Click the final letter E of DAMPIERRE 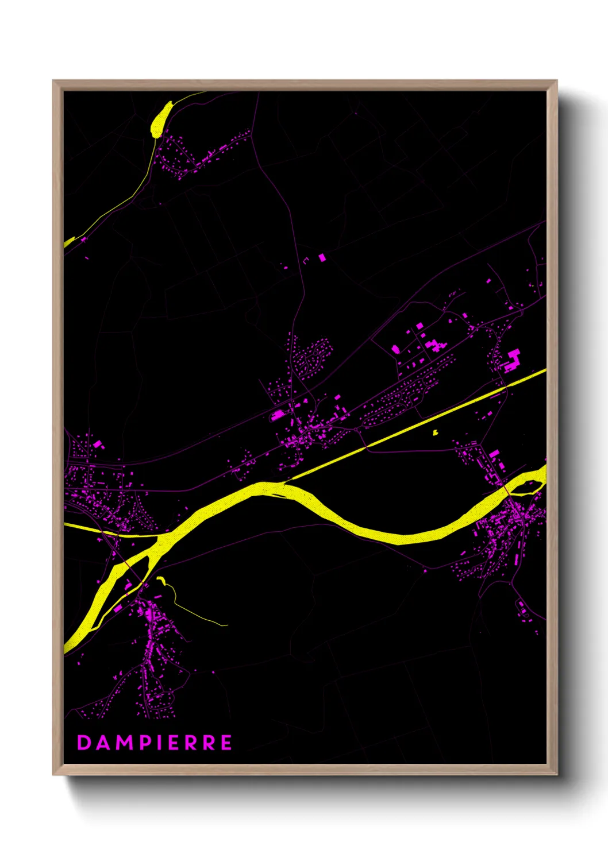pyautogui.click(x=226, y=743)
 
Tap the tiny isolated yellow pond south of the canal pyautogui.click(x=435, y=432)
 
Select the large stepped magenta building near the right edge pyautogui.click(x=511, y=360)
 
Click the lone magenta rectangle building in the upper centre pyautogui.click(x=322, y=258)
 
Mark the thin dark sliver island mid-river pyautogui.click(x=278, y=494)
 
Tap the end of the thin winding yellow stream pyautogui.click(x=226, y=625)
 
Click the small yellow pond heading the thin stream pyautogui.click(x=161, y=580)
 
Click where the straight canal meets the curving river pyautogui.click(x=287, y=480)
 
